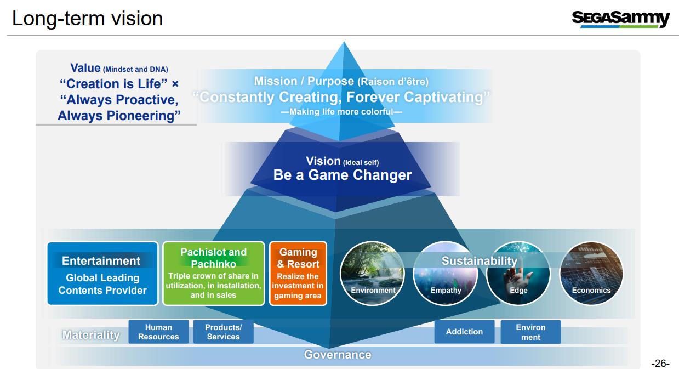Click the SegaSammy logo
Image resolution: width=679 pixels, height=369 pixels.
[x=620, y=19]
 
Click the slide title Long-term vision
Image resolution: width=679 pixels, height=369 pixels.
[x=87, y=19]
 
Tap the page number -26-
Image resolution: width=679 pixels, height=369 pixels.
[x=660, y=363]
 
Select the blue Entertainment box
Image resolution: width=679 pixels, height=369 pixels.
[x=102, y=273]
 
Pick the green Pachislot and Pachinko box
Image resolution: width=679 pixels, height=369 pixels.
[x=213, y=273]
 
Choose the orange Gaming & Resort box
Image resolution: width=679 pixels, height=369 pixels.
[x=298, y=273]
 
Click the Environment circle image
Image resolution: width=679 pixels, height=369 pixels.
[x=373, y=273]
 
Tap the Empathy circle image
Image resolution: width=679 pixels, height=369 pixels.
[x=446, y=273]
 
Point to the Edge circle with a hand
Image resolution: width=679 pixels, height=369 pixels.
[x=518, y=273]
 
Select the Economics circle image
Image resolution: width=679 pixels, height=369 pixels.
[x=591, y=273]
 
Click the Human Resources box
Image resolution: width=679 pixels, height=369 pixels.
[x=158, y=332]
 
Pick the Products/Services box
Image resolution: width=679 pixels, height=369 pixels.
[x=224, y=332]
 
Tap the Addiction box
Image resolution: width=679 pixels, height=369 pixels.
[x=464, y=332]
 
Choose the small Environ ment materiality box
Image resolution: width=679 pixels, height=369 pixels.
[x=531, y=332]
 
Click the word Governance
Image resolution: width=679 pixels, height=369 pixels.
[x=338, y=354]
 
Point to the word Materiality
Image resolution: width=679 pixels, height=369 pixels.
[x=91, y=335]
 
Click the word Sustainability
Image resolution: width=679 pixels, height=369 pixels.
[x=480, y=261]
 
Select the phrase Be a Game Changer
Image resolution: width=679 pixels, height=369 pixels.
[x=343, y=175]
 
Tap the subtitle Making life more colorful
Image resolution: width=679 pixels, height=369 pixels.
[x=341, y=112]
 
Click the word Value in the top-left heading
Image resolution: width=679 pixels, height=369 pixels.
[x=85, y=68]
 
